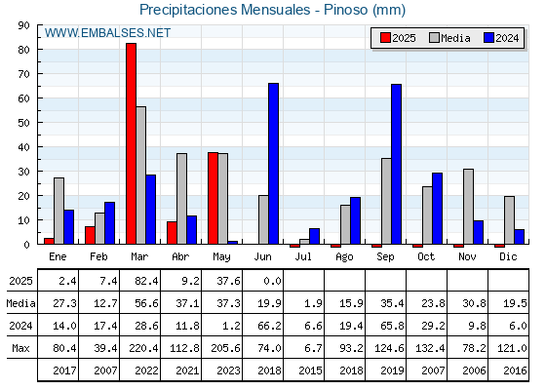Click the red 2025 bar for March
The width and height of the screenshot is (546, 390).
[132, 143]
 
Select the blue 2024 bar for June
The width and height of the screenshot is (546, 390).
[273, 164]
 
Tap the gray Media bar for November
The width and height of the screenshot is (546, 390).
[468, 207]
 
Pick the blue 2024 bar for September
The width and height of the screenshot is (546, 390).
[396, 164]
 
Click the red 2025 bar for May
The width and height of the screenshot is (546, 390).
[214, 198]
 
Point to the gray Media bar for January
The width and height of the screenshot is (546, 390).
[58, 211]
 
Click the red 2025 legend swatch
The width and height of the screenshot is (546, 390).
[385, 38]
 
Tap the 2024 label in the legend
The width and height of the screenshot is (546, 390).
[507, 38]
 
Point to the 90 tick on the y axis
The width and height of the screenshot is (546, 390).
[24, 25]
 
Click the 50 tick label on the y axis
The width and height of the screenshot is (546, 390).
[24, 123]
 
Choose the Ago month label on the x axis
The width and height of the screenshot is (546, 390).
[344, 257]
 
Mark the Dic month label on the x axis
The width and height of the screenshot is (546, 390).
[508, 256]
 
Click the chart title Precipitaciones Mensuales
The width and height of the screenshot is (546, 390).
[225, 10]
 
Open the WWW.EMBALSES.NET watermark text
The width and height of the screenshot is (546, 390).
[107, 33]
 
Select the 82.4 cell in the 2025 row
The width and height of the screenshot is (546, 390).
[146, 281]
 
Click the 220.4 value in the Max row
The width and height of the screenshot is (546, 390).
[143, 348]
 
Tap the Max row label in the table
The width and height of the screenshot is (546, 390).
[20, 348]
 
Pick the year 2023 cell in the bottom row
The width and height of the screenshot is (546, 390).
[228, 370]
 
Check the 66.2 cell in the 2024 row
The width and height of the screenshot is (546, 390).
[269, 326]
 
